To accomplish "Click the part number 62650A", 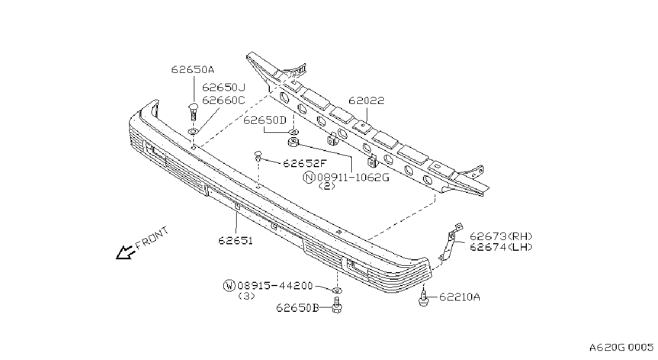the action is point(193,70).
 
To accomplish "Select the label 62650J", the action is point(224,87).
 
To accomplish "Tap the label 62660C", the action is point(224,101).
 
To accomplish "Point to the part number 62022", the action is point(366,101).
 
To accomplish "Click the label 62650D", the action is point(265,120).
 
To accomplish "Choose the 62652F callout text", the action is point(305,163).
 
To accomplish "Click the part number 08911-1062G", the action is point(353,177).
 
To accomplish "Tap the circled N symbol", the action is point(309,177).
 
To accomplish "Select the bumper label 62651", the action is point(236,241).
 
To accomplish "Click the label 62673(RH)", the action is point(501,236).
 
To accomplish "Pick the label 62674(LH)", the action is point(501,247).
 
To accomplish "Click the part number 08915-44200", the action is point(275,286).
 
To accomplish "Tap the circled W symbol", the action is point(229,286).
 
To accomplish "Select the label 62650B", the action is point(298,307).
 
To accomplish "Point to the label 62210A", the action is point(460,297).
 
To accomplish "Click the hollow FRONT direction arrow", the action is point(125,253).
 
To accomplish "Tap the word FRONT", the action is point(152,237).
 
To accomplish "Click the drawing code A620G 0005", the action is point(621,348).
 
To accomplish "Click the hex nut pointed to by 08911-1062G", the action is point(293,142).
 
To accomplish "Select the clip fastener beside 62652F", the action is point(258,156).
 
